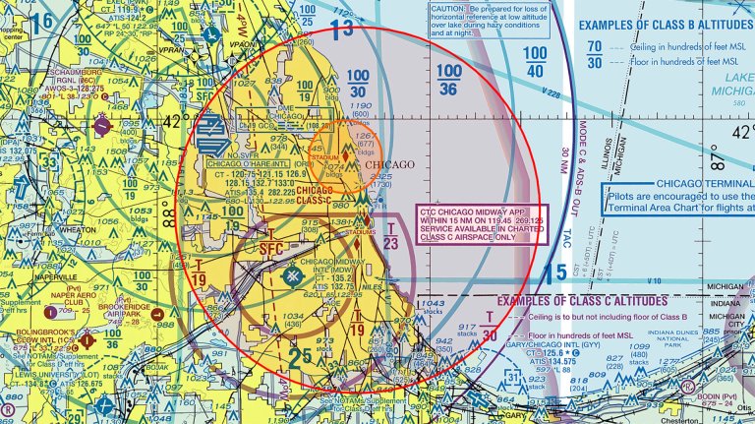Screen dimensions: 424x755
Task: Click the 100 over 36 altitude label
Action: tap(448, 82)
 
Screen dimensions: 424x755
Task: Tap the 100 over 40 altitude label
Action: tap(534, 61)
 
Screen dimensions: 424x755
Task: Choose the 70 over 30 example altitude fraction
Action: tap(595, 54)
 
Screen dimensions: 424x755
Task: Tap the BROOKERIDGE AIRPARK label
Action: tap(121, 307)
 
